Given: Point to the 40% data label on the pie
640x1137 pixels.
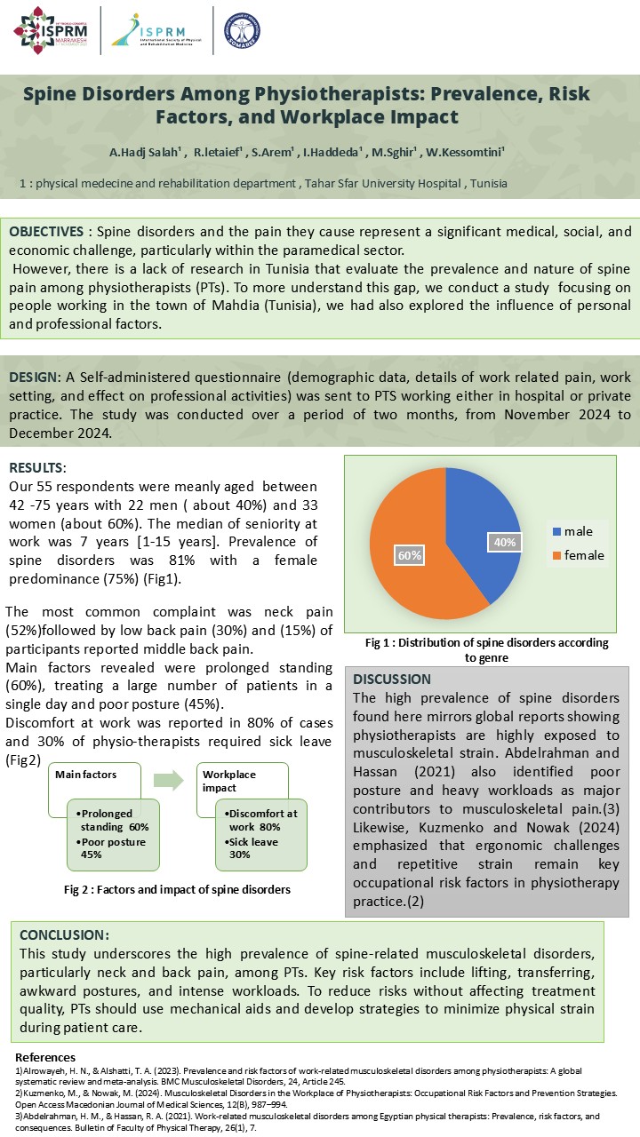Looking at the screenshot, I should tap(503, 541).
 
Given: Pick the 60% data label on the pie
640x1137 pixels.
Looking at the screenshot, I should tap(409, 554).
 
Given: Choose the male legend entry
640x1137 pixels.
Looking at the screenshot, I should tap(578, 531).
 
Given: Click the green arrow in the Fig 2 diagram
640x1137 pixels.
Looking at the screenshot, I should tap(168, 781).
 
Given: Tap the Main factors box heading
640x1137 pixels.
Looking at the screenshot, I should tap(86, 775).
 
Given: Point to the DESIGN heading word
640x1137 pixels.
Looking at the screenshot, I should tap(34, 378).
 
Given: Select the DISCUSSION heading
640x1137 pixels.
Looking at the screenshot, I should tap(392, 680).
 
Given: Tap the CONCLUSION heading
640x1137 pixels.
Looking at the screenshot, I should tap(64, 934).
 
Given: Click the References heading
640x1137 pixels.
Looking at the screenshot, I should tap(46, 1057).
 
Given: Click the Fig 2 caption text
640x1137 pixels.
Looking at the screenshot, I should tap(177, 889).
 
